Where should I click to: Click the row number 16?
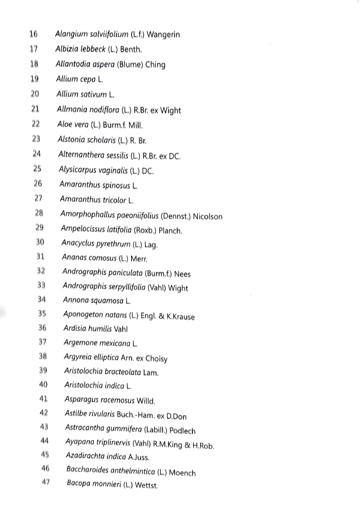[33, 34]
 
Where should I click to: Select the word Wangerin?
[164, 35]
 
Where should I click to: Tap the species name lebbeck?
[94, 50]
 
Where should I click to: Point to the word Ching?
[155, 65]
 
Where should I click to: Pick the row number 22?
[36, 124]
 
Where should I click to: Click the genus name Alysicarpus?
[77, 170]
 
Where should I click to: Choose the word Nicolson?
[208, 217]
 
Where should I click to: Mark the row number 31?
[41, 257]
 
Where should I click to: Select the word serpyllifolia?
[123, 287]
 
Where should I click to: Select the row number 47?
[45, 483]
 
